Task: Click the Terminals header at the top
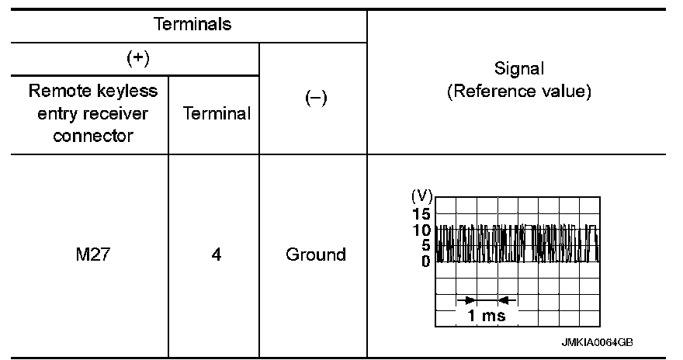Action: coord(193,24)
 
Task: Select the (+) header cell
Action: coord(137,59)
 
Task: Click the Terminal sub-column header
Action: coord(217,114)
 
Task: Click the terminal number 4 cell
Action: coord(217,254)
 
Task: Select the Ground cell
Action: coord(315,254)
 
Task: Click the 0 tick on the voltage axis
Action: coord(426,261)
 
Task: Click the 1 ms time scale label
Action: coord(487,316)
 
